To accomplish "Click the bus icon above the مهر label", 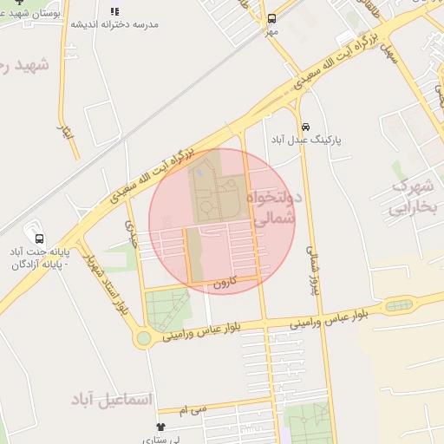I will pyautogui.click(x=271, y=18).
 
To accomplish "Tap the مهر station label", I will pyautogui.click(x=271, y=32).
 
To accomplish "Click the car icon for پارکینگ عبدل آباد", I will pyautogui.click(x=305, y=125).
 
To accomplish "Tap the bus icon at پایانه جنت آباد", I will pyautogui.click(x=39, y=238).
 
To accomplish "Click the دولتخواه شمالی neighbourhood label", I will pyautogui.click(x=271, y=208).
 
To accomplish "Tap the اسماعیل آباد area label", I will pyautogui.click(x=112, y=400).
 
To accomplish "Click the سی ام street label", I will pyautogui.click(x=194, y=407).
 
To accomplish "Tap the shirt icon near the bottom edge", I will pyautogui.click(x=160, y=427).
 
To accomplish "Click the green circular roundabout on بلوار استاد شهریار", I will pyautogui.click(x=143, y=338).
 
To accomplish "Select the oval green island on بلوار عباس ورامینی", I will pyautogui.click(x=399, y=304).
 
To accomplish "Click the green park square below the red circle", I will pyautogui.click(x=168, y=309).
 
